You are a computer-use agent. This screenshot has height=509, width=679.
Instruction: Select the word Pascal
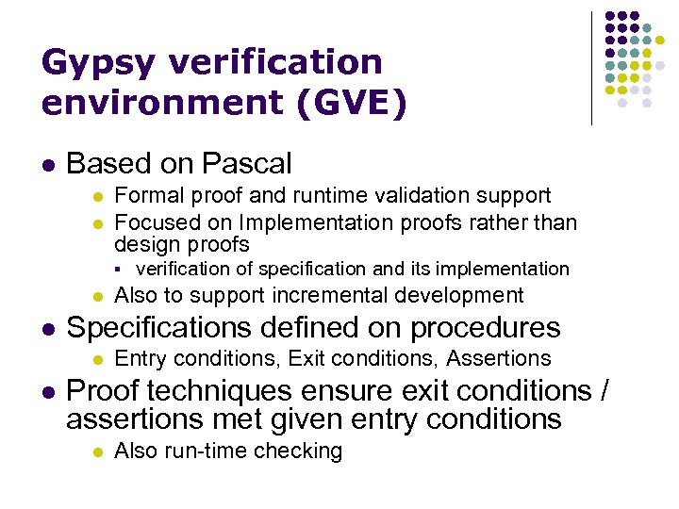[x=245, y=164]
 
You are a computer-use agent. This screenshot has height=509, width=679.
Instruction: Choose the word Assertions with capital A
[x=499, y=358]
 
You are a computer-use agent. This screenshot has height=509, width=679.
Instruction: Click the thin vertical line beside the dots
[x=591, y=68]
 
